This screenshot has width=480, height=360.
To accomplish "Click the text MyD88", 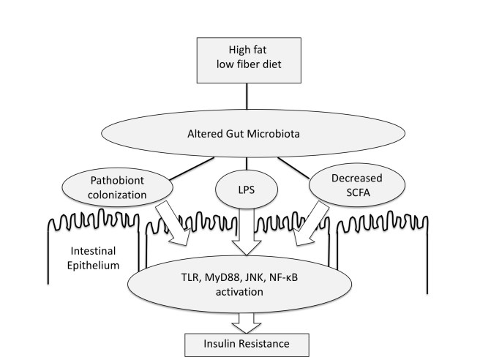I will tap(224, 277).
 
